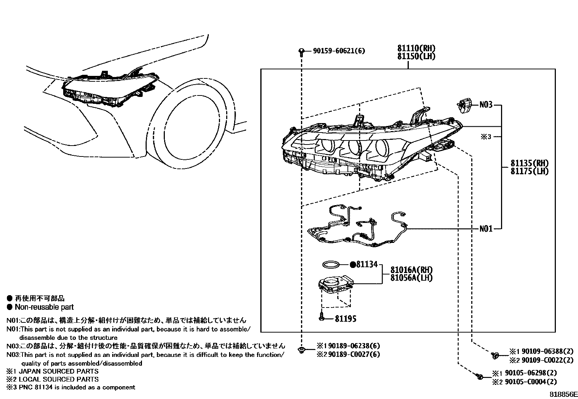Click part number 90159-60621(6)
pos(339,51)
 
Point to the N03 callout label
pos(486,105)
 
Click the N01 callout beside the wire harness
pos(486,229)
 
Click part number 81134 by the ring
pos(367,265)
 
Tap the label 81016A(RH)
pos(412,270)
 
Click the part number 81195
pos(345,319)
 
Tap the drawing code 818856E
pos(563,394)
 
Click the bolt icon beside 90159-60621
pos(301,52)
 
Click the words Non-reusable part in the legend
pos(44,307)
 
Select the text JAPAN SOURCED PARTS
pos(58,371)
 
